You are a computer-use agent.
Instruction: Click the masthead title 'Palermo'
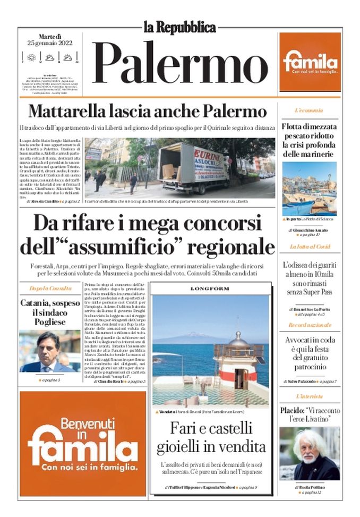pos(180,63)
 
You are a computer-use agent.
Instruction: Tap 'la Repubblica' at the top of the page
pos(180,27)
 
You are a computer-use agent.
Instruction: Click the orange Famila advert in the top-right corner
pos(310,62)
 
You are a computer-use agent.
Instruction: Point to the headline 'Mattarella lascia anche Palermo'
pos(147,112)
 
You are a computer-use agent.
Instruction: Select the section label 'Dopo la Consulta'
pos(50,288)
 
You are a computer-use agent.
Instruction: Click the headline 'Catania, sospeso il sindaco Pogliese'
pos(50,312)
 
